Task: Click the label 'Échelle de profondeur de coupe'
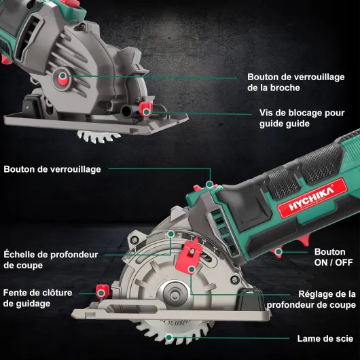(x=51, y=259)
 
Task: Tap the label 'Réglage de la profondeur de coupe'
(x=318, y=300)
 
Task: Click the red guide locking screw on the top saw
(x=145, y=109)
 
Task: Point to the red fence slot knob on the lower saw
(x=102, y=293)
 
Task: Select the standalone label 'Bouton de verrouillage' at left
(x=52, y=169)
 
